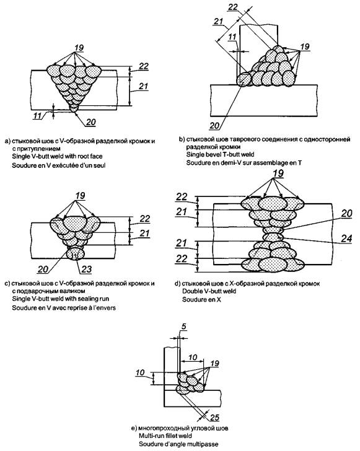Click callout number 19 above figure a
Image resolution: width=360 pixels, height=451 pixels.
pyautogui.click(x=79, y=47)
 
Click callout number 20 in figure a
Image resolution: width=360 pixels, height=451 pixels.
pyautogui.click(x=90, y=122)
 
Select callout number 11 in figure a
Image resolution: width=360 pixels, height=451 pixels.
pyautogui.click(x=38, y=116)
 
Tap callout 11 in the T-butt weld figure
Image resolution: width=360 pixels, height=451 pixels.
pyautogui.click(x=232, y=37)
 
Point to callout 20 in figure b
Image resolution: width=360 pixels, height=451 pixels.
pyautogui.click(x=214, y=126)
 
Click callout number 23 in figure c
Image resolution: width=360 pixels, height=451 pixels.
pyautogui.click(x=86, y=269)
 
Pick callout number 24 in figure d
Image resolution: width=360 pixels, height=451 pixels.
pyautogui.click(x=346, y=238)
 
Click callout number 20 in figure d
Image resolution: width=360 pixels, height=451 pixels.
pyautogui.click(x=347, y=213)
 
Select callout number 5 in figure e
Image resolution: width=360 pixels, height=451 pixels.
pyautogui.click(x=184, y=326)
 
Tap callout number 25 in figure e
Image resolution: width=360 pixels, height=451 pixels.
pyautogui.click(x=214, y=417)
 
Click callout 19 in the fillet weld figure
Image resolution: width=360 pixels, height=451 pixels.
pyautogui.click(x=214, y=363)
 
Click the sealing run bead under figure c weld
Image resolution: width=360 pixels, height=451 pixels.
pyautogui.click(x=75, y=254)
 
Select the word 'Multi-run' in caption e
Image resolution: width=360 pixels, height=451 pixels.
pyautogui.click(x=150, y=436)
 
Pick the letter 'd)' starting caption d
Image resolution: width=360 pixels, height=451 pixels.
pyautogui.click(x=177, y=283)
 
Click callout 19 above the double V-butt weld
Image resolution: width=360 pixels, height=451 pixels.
pyautogui.click(x=278, y=173)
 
